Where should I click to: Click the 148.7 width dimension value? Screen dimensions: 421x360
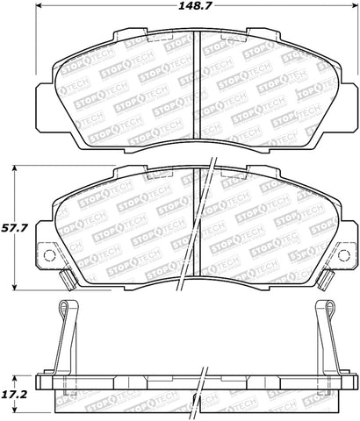pyautogui.click(x=197, y=9)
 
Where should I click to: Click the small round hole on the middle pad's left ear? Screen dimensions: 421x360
pyautogui.click(x=50, y=257)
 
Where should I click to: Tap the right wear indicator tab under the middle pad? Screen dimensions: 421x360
pyautogui.click(x=325, y=279)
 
